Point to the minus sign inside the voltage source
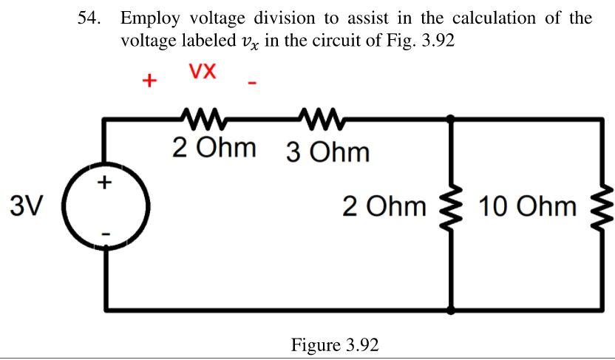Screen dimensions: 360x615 pos(106,234)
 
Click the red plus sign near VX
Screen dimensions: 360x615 pos(150,80)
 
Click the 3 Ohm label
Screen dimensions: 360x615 pos(327,152)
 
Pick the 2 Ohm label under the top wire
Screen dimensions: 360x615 pos(214,146)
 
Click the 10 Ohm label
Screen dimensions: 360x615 pos(527,207)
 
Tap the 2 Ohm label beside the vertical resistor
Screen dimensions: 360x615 pos(384,206)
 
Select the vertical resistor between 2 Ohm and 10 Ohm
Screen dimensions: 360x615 pos(452,206)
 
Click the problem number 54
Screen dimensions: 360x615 pos(89,18)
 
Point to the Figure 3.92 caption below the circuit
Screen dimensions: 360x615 pos(335,345)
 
